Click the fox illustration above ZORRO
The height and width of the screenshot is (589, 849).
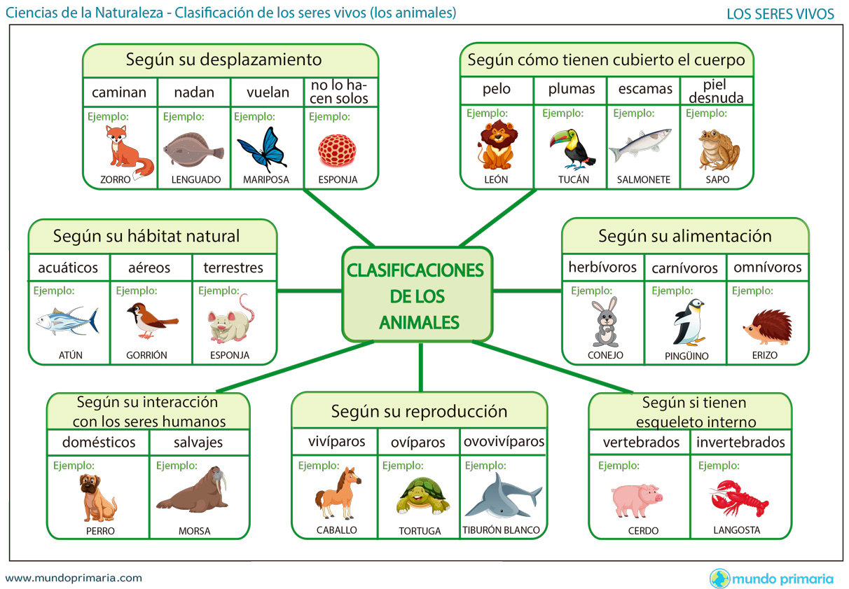pos(128,149)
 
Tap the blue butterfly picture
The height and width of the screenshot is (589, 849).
pos(263,149)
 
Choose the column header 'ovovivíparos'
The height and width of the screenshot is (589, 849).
pos(504,442)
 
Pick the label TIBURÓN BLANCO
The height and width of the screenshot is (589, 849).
pos(502,530)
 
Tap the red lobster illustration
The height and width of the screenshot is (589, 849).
pos(739,498)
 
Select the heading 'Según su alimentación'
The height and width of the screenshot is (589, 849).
pos(685,237)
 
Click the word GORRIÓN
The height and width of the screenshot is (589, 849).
pos(146,355)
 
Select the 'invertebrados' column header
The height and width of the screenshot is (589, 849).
pos(740,443)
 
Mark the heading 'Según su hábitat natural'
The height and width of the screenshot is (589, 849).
pos(146,237)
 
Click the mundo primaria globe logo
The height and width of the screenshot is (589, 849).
pos(719,578)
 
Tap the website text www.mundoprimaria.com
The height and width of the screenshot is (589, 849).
pos(74,578)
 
